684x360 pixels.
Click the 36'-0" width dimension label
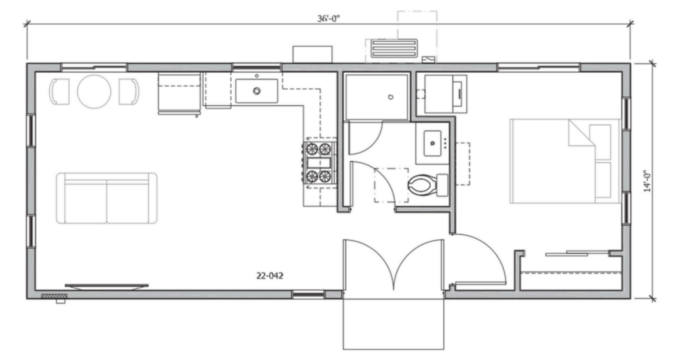coord(328,19)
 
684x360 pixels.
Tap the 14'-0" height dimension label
coord(647,180)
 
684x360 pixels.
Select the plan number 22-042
coord(270,276)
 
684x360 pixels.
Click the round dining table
coord(94,92)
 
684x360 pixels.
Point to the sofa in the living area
coord(106,198)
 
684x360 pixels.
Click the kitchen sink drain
coord(257,91)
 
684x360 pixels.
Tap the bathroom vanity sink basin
coord(433,143)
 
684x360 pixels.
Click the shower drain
coord(391,98)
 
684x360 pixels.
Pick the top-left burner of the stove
coord(312,149)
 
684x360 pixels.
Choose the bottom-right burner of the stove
coord(325,176)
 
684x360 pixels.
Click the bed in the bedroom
coord(565,161)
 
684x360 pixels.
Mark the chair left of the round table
coord(59,92)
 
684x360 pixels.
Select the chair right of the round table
coord(129,92)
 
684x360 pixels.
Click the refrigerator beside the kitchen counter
coord(179,94)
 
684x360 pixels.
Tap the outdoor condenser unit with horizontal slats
coord(394,49)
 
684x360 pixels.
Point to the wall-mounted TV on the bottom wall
coord(107,287)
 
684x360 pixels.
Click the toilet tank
coord(442,185)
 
